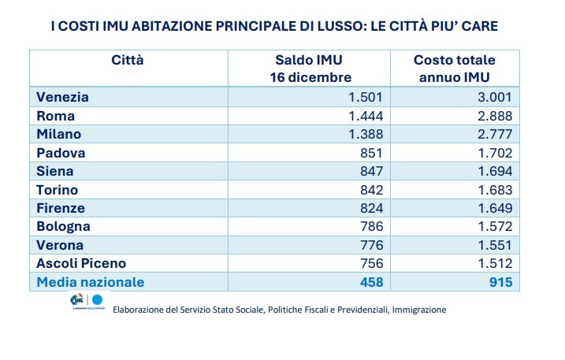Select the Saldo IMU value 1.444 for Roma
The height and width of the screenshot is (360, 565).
tap(365, 116)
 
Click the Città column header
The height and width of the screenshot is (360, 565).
tap(128, 60)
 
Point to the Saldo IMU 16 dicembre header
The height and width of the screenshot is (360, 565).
tap(309, 68)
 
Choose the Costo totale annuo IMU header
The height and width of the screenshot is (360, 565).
tap(455, 68)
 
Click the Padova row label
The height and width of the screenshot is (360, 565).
tap(61, 153)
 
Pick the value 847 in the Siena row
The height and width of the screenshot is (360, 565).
tap(370, 171)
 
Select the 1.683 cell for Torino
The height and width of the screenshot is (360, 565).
tap(496, 189)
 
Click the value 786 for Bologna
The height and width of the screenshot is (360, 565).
tap(370, 226)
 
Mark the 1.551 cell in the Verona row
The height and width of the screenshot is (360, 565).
tap(496, 244)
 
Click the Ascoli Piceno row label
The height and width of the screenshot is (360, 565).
tap(81, 263)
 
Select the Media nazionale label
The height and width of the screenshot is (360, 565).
tap(91, 281)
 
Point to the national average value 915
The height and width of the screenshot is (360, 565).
tap(501, 281)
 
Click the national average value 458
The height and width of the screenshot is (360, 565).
tap(370, 281)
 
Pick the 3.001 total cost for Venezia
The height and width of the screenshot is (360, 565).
tap(496, 97)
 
